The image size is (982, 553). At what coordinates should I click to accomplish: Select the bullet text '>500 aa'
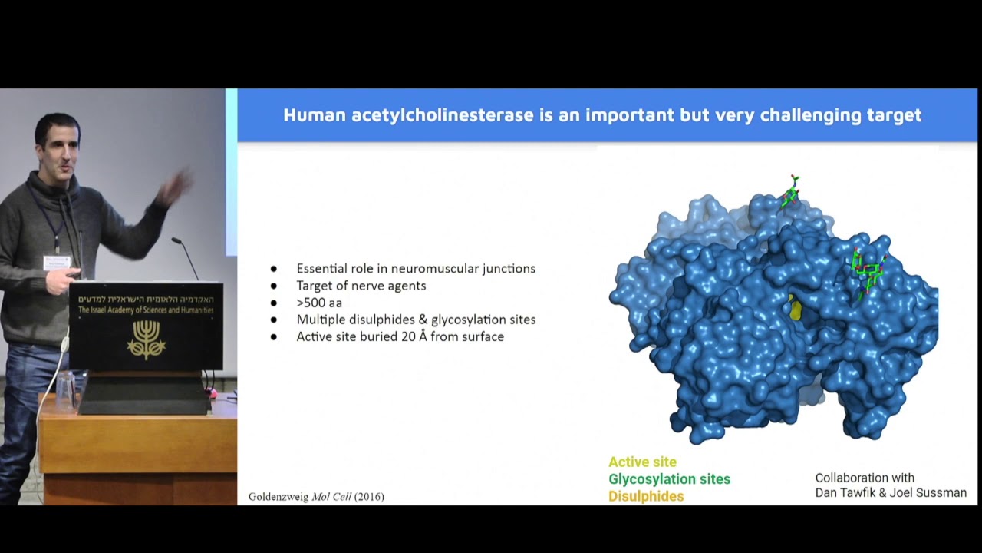(x=319, y=303)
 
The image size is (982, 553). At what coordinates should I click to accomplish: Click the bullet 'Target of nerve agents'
(x=361, y=286)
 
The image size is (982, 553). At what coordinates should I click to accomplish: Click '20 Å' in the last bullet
(x=410, y=336)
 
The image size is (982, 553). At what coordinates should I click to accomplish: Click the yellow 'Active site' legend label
(x=642, y=462)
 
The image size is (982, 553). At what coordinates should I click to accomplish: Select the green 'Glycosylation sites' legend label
(x=669, y=479)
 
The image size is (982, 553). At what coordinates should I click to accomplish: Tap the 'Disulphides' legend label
(x=646, y=496)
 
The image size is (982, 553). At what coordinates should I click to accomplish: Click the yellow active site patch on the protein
(x=796, y=309)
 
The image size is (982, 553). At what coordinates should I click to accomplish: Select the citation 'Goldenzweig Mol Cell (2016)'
(x=316, y=497)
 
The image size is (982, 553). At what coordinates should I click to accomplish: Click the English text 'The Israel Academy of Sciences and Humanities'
(x=146, y=310)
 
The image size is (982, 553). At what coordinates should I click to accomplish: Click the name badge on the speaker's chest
(x=56, y=263)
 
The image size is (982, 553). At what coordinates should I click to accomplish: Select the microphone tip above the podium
(x=176, y=241)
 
